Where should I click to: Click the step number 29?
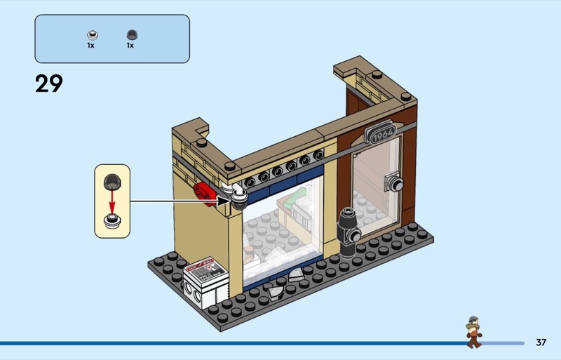pos(49,84)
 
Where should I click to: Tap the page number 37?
pos(541,342)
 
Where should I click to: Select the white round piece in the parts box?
pos(93,35)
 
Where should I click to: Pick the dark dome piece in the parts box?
pos(132,35)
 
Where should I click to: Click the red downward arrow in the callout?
pos(112,202)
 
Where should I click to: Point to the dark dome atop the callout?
pos(112,182)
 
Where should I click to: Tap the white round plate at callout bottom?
pos(112,220)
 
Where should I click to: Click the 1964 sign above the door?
pos(381,133)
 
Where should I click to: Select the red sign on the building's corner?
pos(205,194)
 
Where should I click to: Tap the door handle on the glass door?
pos(393,183)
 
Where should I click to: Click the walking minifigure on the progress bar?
pos(474,332)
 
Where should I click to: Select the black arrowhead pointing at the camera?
pos(224,201)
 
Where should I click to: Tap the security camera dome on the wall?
pos(239,201)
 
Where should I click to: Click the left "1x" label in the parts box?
pos(90,46)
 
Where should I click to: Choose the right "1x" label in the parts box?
pos(130,46)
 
